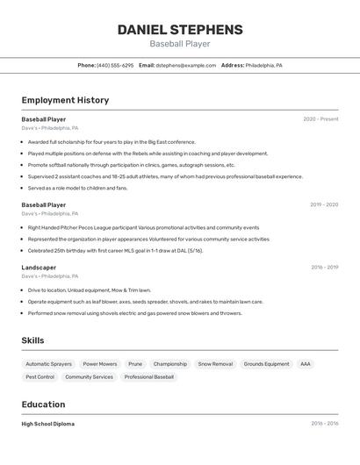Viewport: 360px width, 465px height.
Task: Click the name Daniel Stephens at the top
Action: click(180, 30)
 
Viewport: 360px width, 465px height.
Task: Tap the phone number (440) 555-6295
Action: click(115, 65)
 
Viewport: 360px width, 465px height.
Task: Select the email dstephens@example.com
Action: click(185, 65)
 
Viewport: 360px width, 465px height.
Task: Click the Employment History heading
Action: click(65, 100)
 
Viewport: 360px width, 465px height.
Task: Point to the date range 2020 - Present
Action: click(320, 119)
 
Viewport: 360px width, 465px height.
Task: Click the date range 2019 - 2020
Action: click(323, 204)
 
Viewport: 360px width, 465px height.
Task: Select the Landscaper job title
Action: click(39, 268)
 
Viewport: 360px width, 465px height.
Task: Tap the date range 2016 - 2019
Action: click(324, 268)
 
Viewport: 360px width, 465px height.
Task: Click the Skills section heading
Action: click(32, 340)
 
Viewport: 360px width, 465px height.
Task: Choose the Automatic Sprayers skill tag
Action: click(48, 363)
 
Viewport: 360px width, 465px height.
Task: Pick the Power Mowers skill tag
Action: click(100, 363)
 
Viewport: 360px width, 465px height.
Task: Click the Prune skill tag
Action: click(135, 363)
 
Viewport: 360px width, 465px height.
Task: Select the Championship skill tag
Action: click(170, 363)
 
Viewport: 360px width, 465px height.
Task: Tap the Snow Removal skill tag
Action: click(215, 363)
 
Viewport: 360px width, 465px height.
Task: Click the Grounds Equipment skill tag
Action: click(266, 363)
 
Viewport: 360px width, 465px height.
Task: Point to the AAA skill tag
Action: click(306, 363)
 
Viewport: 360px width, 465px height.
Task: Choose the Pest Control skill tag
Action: click(40, 377)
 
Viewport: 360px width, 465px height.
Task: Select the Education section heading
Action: click(43, 404)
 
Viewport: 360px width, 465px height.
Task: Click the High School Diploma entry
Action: click(47, 424)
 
